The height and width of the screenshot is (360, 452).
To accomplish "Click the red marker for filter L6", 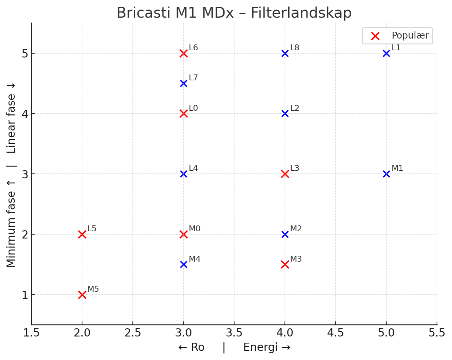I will click(x=183, y=53).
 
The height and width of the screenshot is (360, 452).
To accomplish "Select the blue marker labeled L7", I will click(x=183, y=83).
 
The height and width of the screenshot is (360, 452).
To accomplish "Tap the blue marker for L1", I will click(x=386, y=53).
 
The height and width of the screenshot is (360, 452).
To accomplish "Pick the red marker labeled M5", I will click(x=82, y=295).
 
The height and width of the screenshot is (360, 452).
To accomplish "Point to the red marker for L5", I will click(x=82, y=234).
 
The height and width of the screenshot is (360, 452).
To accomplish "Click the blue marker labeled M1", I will click(x=386, y=174).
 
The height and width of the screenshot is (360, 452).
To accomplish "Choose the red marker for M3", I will click(x=285, y=264).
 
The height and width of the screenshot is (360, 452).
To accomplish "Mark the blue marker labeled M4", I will click(x=183, y=264).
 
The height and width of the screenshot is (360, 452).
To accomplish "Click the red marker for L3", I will click(x=285, y=174).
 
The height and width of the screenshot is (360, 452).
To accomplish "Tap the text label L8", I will click(x=295, y=48).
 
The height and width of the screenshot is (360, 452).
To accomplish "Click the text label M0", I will click(x=194, y=229).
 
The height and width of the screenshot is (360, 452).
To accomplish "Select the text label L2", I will click(x=295, y=108).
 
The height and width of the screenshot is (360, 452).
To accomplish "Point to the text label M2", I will click(x=296, y=229).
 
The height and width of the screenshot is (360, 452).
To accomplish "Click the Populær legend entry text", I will click(x=410, y=35).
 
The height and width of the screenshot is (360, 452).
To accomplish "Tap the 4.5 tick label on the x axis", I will click(x=335, y=333).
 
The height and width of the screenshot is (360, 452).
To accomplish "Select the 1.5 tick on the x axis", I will click(x=31, y=333).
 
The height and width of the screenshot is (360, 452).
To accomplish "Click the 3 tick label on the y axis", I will click(x=25, y=174).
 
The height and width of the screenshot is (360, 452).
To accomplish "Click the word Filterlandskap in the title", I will click(x=301, y=13).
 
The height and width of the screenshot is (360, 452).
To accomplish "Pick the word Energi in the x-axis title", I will click(x=260, y=347).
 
